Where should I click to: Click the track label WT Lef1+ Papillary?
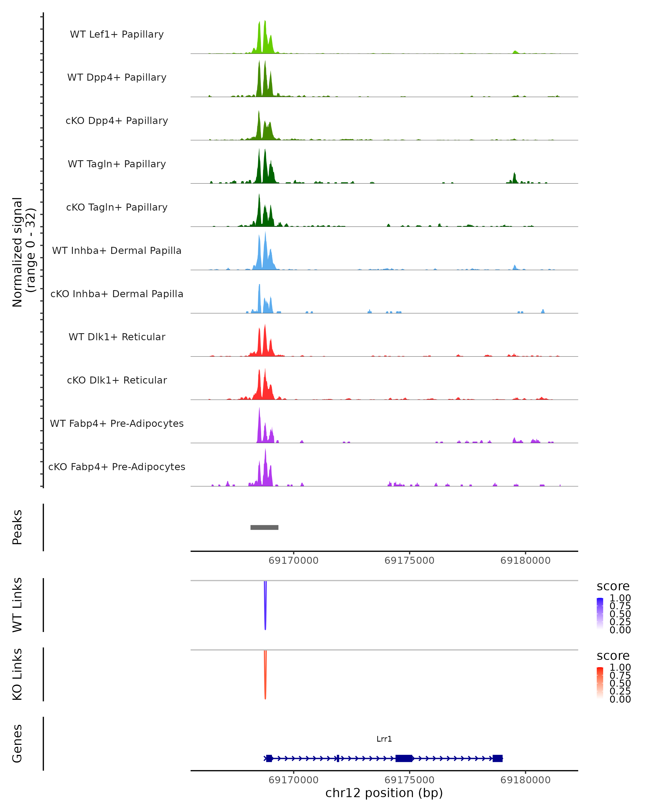117,34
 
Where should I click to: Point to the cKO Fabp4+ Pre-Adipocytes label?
117,467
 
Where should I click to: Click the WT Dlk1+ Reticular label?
117,337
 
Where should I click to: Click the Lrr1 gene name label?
384,739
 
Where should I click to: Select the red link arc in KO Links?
265,676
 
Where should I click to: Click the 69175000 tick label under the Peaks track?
409,561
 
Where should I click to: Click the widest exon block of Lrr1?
404,758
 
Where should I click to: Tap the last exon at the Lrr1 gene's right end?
498,758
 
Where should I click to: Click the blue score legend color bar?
600,614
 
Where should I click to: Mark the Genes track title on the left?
17,744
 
